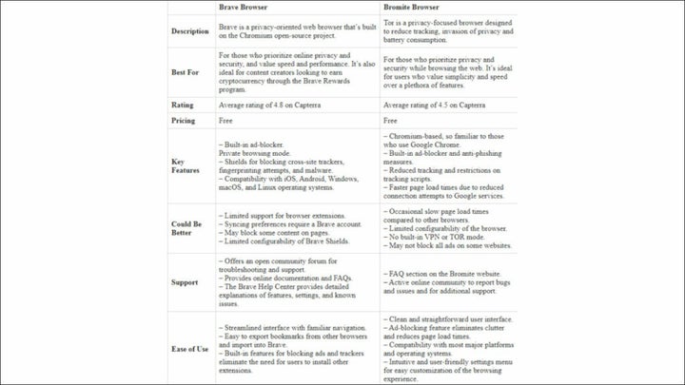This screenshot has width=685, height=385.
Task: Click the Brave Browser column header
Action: pyautogui.click(x=243, y=8)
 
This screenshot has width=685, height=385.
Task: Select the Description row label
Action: pyautogui.click(x=189, y=31)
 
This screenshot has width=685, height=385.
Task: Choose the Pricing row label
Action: pyautogui.click(x=183, y=121)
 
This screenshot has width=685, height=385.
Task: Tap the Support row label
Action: pyautogui.click(x=185, y=282)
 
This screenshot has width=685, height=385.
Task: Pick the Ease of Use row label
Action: pyautogui.click(x=189, y=349)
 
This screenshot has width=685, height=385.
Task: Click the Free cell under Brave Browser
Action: pyautogui.click(x=226, y=121)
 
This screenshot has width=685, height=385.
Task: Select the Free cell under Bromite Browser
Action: pyautogui.click(x=390, y=121)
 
